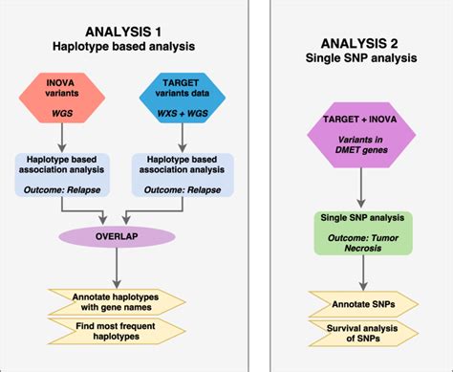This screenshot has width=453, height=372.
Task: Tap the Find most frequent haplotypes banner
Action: click(115, 330)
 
